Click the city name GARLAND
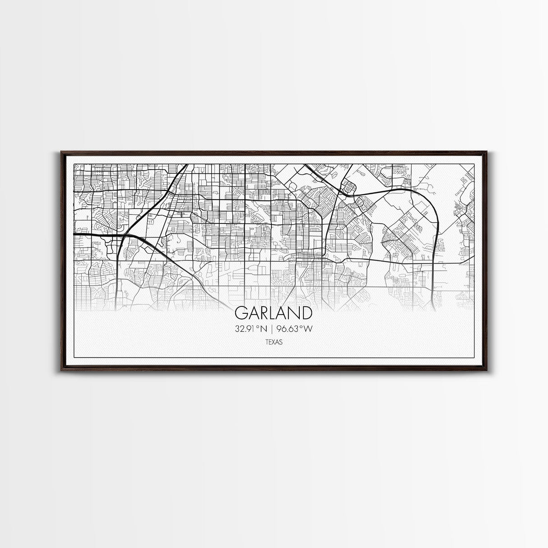click(274, 313)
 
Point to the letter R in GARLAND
click(265, 313)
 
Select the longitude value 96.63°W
click(296, 329)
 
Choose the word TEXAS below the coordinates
click(274, 343)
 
